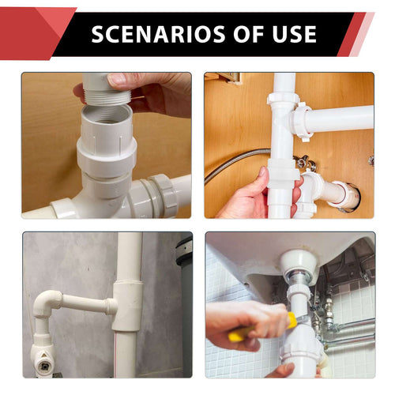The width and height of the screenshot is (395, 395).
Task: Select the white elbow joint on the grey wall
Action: pos(49,303)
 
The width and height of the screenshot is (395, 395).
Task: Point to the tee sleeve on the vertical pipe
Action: pos(127,304)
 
